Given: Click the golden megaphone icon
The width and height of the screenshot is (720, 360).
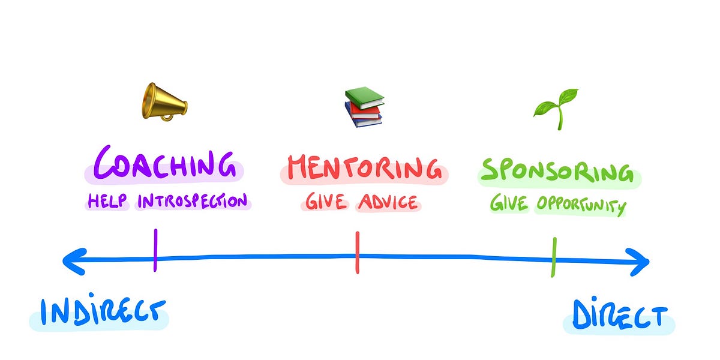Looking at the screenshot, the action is click(164, 101).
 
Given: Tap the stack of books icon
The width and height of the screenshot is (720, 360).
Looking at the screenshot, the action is click(364, 107).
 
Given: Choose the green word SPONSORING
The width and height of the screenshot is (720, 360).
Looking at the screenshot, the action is click(559, 171).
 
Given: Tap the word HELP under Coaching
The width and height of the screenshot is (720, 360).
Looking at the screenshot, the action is click(108, 201).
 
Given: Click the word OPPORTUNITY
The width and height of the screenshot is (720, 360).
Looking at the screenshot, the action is click(580, 206).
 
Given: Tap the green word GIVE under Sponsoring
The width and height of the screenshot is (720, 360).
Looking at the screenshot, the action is click(509, 205).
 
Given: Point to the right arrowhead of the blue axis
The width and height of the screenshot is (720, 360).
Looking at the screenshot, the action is click(641, 262).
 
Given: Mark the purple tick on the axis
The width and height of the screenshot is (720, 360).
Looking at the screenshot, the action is click(155, 250).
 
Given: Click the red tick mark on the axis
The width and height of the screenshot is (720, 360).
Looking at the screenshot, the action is click(357, 253).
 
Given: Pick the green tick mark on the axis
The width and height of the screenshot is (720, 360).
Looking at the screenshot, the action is click(554, 257).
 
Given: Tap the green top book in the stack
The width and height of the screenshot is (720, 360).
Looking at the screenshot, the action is click(365, 97).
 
